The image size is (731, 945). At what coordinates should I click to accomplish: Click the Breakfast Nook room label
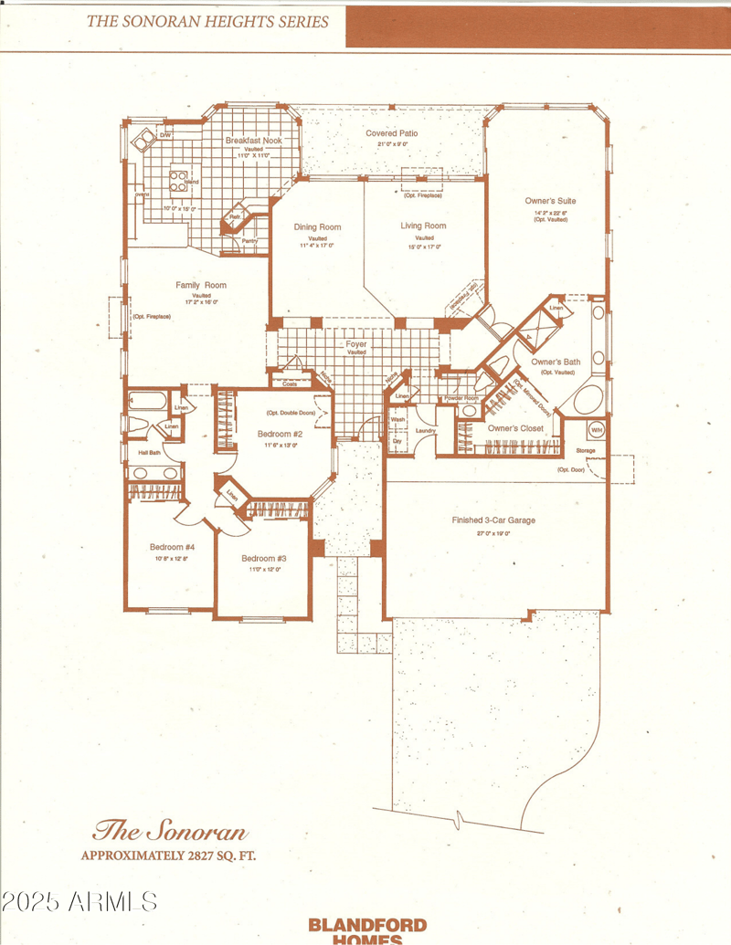[254, 141]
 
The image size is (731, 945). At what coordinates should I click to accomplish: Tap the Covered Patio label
[392, 133]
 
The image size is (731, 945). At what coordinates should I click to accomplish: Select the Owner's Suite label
[550, 201]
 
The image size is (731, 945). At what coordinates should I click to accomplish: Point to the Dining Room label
[317, 227]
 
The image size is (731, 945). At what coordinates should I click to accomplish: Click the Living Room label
[423, 226]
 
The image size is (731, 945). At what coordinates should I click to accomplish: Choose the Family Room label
[201, 286]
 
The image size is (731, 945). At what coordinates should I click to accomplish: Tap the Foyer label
[356, 344]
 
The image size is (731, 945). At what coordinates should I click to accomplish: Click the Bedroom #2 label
[280, 434]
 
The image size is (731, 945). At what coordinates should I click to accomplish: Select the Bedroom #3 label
[264, 558]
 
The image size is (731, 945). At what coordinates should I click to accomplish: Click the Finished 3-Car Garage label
[493, 520]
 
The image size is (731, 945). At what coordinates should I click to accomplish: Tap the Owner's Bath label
[556, 362]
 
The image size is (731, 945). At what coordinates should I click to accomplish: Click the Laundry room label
[424, 430]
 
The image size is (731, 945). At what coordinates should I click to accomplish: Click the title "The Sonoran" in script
[171, 832]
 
